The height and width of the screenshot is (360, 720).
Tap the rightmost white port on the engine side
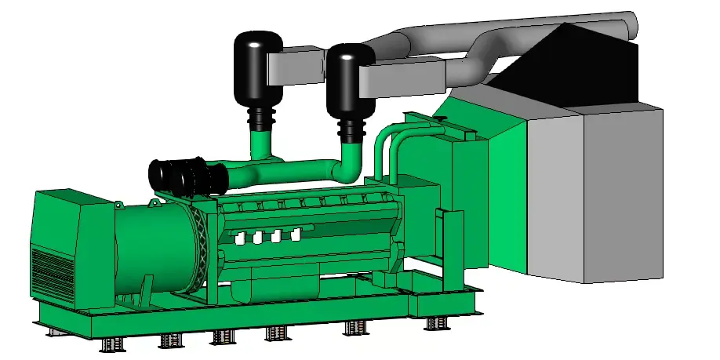tap(296, 233)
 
